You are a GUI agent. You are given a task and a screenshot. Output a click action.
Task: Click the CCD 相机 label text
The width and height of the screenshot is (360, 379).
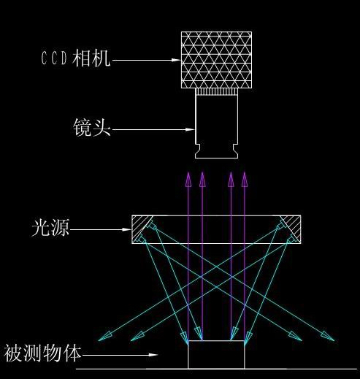(x=75, y=58)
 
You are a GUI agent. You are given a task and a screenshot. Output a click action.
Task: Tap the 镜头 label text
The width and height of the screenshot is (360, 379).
(x=92, y=127)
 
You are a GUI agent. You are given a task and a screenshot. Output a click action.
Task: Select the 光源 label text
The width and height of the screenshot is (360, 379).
(x=50, y=228)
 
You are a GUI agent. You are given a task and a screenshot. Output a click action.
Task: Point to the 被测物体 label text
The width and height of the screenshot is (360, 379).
(x=42, y=353)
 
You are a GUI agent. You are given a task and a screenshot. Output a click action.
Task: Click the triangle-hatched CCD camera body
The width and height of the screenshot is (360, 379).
(x=216, y=60)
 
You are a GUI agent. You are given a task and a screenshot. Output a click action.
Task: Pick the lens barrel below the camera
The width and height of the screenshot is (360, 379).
(x=216, y=126)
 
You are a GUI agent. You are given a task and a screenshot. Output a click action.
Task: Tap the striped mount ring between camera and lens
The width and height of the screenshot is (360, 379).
(x=216, y=91)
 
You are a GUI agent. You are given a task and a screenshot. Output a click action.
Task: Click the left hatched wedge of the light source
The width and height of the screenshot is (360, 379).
(x=140, y=228)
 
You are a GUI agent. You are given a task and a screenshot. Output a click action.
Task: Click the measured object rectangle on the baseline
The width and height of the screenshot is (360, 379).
(x=216, y=355)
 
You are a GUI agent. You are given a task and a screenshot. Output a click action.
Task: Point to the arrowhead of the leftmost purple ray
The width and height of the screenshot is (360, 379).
(x=188, y=180)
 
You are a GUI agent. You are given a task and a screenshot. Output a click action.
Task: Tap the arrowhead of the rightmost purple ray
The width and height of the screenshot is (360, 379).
(x=245, y=180)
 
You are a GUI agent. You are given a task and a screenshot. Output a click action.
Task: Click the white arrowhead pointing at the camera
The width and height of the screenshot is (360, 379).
(x=176, y=60)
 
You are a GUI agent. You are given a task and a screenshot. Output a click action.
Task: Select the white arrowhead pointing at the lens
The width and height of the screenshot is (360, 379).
(x=190, y=129)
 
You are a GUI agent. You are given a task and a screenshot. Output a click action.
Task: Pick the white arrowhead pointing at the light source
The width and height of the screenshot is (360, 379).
(x=126, y=229)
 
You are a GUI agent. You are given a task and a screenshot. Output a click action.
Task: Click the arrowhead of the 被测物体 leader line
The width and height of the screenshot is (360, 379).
(x=153, y=355)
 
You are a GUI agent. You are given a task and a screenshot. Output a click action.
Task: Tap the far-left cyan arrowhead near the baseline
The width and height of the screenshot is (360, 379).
(x=104, y=337)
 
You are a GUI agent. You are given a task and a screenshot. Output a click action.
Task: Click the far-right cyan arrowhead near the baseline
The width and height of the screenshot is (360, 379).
(x=328, y=337)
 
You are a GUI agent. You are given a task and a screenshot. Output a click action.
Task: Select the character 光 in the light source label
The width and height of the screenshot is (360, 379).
(x=41, y=228)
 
